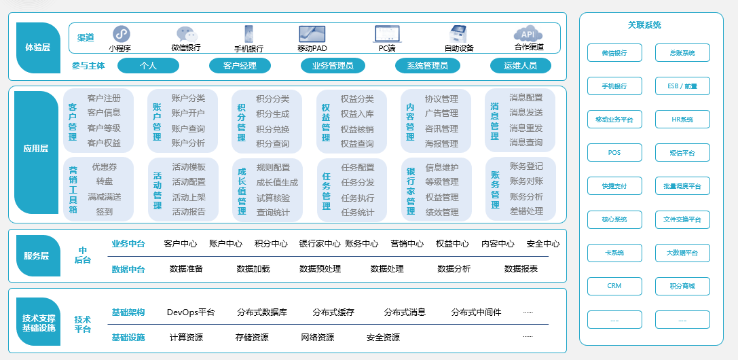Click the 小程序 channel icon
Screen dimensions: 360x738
coord(121,33)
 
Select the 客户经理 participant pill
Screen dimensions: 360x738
coord(240,66)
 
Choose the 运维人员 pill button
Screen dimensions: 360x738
coord(520,66)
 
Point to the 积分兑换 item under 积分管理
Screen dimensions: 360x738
coord(272,129)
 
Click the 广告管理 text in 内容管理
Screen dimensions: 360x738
coord(441,113)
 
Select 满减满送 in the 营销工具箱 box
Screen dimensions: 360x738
coord(104,197)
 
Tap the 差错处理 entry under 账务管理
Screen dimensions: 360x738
coord(526,211)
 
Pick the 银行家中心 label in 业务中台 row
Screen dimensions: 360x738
coord(320,244)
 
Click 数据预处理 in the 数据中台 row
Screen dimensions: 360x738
coord(320,269)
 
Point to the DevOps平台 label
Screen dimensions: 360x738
coord(191,312)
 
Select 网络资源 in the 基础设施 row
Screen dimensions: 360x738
coord(318,338)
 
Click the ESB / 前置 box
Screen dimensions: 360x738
coord(682,86)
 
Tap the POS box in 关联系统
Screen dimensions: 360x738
coord(614,153)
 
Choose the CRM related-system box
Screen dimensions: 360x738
coord(614,286)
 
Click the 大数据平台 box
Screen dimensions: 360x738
coord(682,253)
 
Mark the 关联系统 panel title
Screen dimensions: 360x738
coord(644,25)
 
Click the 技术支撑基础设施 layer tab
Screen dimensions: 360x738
coord(39,323)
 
